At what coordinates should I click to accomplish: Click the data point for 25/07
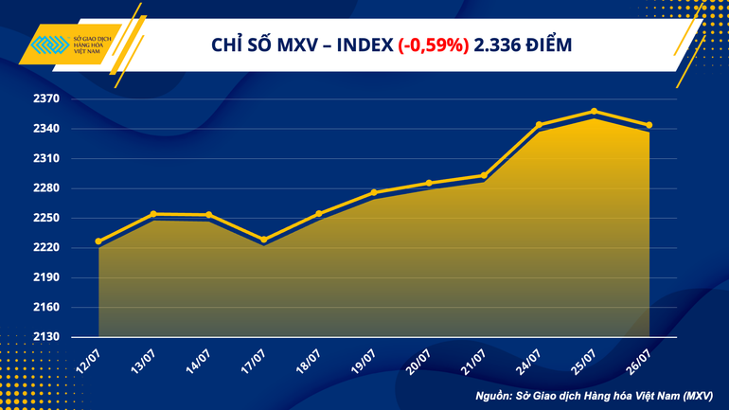[594, 112]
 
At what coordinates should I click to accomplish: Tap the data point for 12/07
[99, 241]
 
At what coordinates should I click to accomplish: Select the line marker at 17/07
[264, 240]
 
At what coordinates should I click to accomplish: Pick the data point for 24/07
[539, 125]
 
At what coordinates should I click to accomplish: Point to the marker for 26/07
[649, 125]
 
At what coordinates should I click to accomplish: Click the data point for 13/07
[154, 214]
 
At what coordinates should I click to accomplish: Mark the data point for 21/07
[484, 175]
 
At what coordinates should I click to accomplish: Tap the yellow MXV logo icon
[42, 45]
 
